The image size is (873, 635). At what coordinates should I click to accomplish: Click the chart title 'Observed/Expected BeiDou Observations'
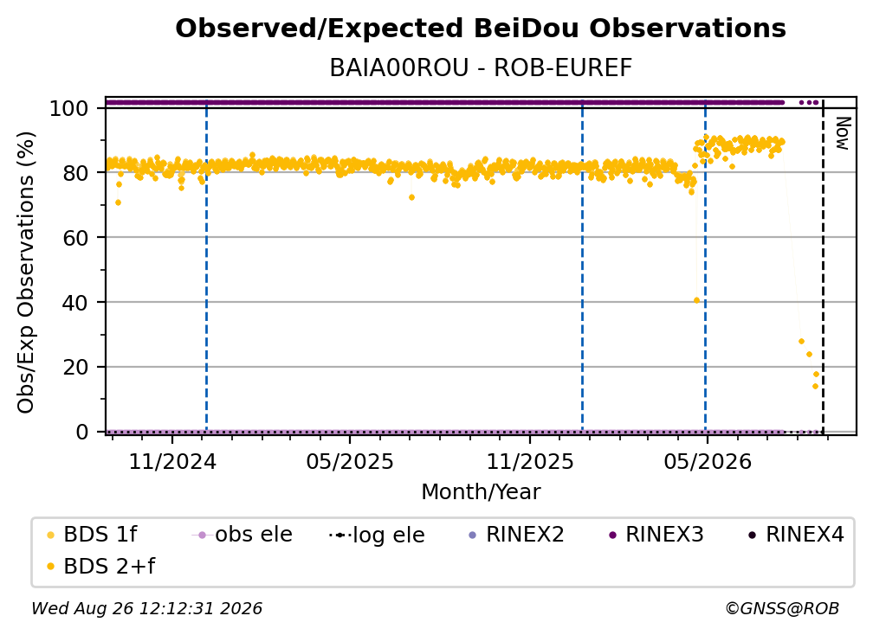pos(481,29)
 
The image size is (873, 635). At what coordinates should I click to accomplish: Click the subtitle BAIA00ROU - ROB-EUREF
pos(481,67)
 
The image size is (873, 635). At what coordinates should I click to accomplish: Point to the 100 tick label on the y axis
pos(69,108)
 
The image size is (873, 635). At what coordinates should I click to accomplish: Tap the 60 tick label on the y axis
pos(75,238)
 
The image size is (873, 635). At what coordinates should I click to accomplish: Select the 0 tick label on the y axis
pos(82,432)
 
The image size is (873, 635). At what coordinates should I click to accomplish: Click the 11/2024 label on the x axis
pos(172,461)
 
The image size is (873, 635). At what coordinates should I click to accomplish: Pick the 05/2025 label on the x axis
pos(350,461)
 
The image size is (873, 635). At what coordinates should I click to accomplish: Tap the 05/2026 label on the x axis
pos(707,461)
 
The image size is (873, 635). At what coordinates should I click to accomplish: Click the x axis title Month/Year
pos(481,492)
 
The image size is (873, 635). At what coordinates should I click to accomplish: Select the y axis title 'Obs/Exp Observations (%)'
pos(26,273)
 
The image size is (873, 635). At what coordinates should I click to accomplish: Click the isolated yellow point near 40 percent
pos(696,300)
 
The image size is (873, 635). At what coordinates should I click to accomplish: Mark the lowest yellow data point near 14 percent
pos(815,386)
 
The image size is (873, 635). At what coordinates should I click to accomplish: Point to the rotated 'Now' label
pos(843,133)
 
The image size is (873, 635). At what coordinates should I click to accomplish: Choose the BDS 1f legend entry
pos(92,535)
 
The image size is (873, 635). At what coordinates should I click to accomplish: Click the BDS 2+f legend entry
pos(100,566)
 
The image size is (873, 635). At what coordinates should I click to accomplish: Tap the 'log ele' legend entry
pos(377,535)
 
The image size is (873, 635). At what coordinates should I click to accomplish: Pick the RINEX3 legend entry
pos(656,535)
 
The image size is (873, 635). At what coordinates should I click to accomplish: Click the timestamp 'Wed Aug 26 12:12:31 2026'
pos(146,608)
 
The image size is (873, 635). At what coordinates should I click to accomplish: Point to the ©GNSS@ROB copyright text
pos(782,608)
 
